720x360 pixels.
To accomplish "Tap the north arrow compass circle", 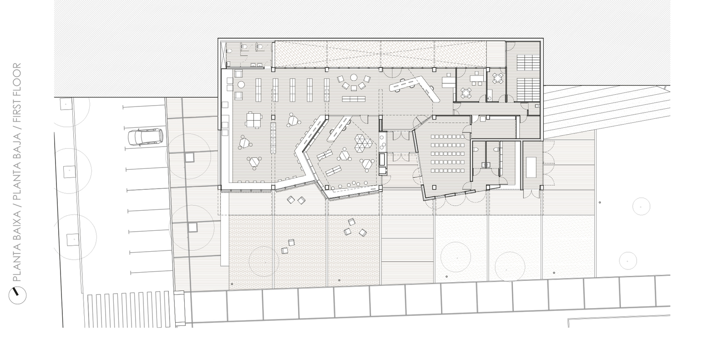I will click(17, 295).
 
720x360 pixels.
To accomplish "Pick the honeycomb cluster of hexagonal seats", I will click(364, 144).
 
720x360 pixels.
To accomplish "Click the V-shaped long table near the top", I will click(414, 86).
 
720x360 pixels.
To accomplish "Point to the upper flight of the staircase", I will click(528, 61).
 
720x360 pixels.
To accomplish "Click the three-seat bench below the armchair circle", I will click(354, 99).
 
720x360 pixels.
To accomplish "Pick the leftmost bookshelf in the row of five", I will click(258, 89).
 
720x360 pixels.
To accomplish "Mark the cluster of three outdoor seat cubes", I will click(356, 227).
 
